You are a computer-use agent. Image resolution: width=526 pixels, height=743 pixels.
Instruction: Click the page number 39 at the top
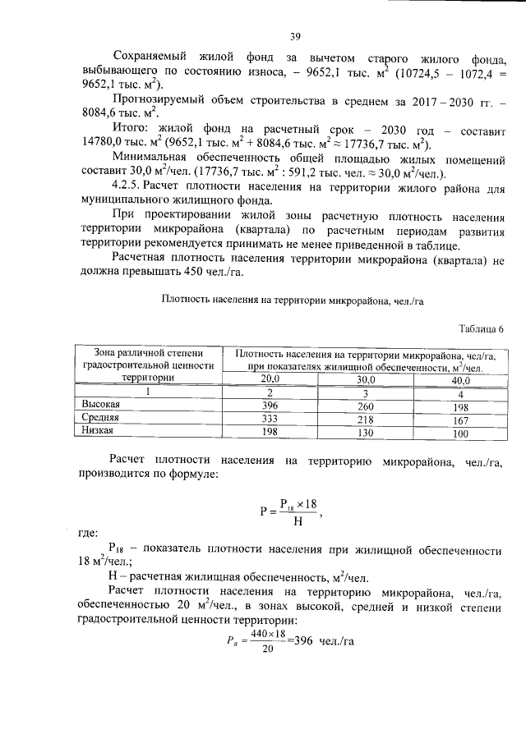click(295, 36)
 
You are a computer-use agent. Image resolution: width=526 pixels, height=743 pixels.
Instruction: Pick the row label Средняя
click(98, 419)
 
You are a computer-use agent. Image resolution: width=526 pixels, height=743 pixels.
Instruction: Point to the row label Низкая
click(96, 431)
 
